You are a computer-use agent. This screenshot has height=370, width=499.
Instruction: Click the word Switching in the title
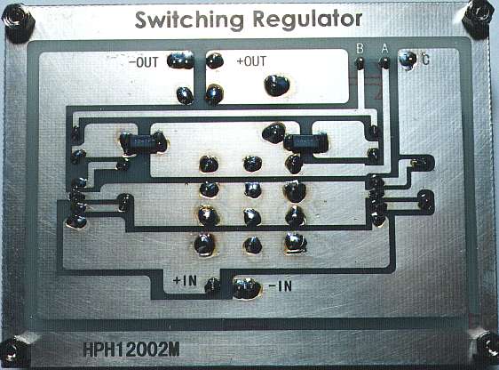(x=189, y=20)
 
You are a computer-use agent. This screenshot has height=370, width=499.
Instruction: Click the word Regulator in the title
(x=307, y=19)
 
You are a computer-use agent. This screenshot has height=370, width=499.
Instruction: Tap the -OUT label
(x=143, y=62)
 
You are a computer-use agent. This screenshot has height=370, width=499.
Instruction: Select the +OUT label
(x=251, y=60)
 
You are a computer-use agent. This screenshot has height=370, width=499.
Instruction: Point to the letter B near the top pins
(x=360, y=49)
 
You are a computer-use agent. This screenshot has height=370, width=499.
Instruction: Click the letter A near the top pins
(x=384, y=49)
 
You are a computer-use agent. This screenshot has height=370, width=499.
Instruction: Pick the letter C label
(x=425, y=60)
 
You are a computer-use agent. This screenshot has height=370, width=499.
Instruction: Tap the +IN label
(x=185, y=281)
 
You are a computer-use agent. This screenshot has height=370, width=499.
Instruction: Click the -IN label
(x=280, y=286)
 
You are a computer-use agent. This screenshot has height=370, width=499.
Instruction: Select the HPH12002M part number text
(x=131, y=350)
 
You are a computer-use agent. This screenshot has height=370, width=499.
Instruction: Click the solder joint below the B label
(x=360, y=63)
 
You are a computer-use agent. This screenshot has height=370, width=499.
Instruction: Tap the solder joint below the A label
(x=384, y=63)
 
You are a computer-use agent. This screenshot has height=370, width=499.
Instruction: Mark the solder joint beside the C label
(x=408, y=59)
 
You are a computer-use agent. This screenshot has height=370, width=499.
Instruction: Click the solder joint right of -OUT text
(x=180, y=60)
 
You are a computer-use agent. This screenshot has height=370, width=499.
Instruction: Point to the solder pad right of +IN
(x=212, y=285)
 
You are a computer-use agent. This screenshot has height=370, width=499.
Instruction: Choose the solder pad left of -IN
(x=247, y=288)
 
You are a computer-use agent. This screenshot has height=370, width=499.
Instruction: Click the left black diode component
(x=143, y=142)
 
